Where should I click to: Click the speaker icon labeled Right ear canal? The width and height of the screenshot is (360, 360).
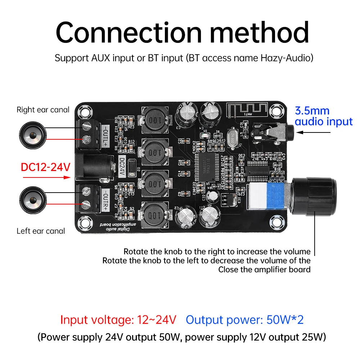(32, 132)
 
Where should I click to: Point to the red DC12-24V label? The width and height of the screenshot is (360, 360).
(46, 167)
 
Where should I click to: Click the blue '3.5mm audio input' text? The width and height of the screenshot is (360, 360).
(323, 116)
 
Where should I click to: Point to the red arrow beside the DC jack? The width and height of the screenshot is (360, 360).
(64, 177)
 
